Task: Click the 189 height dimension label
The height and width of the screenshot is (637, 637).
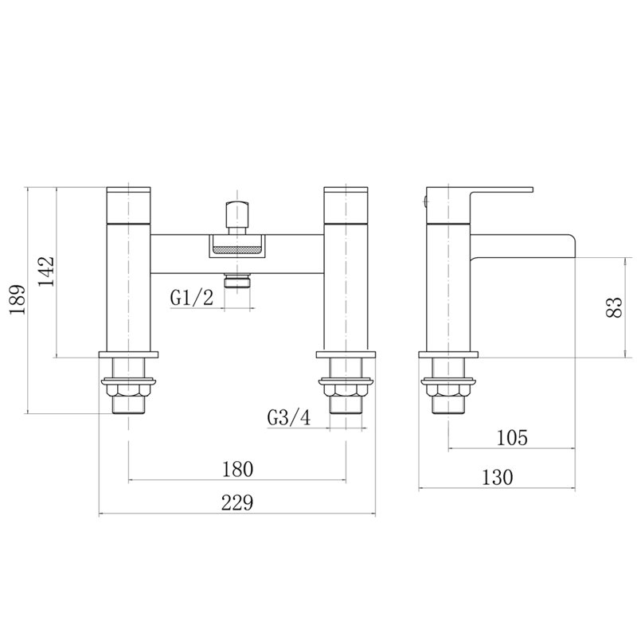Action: (x=18, y=299)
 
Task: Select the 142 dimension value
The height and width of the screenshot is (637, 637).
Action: (x=46, y=272)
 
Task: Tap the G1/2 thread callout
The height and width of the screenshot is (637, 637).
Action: (x=191, y=298)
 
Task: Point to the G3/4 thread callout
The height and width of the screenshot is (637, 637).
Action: (x=289, y=417)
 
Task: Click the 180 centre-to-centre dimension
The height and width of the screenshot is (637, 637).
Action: (x=237, y=469)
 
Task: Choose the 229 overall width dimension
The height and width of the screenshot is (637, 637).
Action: (x=237, y=502)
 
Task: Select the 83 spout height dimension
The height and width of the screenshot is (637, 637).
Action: (x=614, y=307)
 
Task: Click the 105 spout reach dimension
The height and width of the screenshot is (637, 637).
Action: (x=512, y=438)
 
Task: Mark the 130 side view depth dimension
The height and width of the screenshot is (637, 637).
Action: (x=497, y=477)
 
